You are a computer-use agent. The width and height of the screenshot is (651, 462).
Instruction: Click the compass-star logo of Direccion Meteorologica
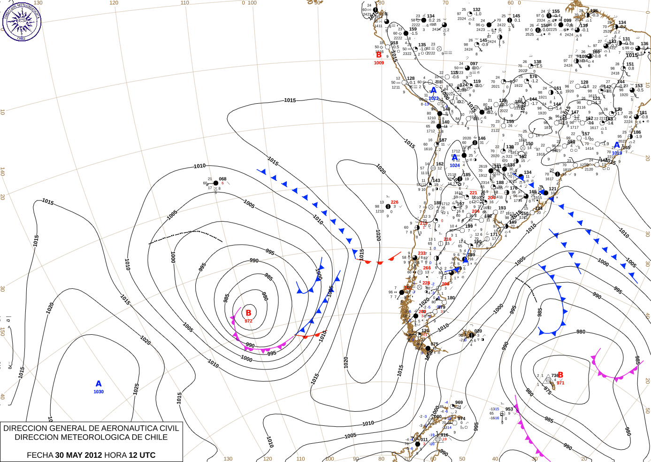(x=22, y=21)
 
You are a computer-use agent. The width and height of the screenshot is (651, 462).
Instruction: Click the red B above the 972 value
(x=248, y=313)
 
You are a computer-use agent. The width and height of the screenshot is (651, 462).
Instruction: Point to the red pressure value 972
(x=248, y=321)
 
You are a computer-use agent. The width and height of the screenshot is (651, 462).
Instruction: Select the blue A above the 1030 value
(x=99, y=384)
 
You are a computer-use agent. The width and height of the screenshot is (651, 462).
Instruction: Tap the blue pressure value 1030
(x=99, y=392)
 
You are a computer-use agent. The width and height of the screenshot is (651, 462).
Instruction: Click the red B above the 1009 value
(x=379, y=55)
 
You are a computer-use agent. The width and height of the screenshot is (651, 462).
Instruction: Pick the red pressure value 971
(x=560, y=383)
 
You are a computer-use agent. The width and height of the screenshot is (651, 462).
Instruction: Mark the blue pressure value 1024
(x=455, y=165)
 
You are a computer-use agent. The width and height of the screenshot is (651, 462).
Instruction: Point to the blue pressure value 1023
(x=433, y=98)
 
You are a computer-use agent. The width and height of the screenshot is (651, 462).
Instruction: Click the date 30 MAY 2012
(x=78, y=455)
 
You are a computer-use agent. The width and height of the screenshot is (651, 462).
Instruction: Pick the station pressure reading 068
(x=222, y=179)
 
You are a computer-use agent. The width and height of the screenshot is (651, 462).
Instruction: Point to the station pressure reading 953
(x=509, y=409)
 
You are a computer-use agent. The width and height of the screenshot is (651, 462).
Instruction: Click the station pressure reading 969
(x=459, y=402)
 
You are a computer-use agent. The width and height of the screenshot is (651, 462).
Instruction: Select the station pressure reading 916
(x=444, y=435)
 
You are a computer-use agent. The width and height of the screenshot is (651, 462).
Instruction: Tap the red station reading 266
(x=427, y=268)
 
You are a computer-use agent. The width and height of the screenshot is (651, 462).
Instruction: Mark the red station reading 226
(x=394, y=202)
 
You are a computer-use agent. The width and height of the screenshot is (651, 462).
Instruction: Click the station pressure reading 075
(x=435, y=344)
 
